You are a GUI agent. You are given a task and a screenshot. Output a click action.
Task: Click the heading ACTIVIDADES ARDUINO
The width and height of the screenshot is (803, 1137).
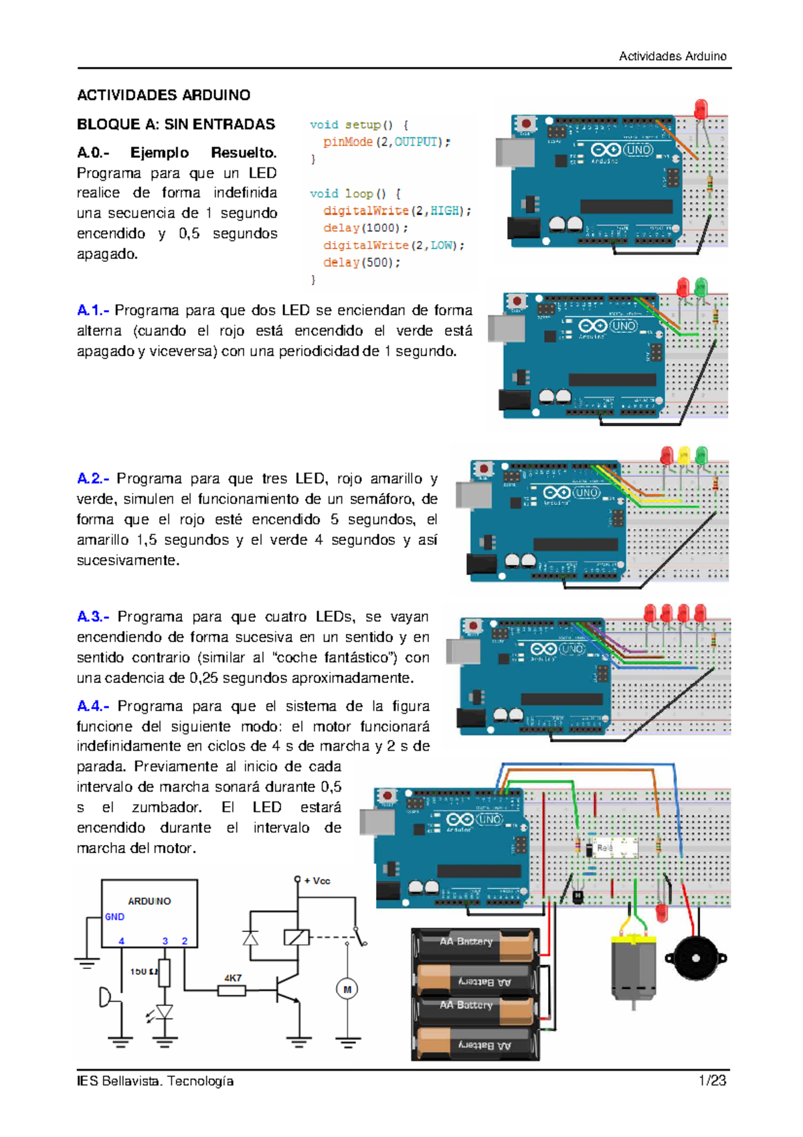click(163, 95)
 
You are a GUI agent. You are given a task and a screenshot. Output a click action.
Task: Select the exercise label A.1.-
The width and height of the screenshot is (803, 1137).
click(92, 310)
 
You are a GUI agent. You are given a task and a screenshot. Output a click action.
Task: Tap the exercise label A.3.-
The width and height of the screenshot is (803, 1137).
click(93, 616)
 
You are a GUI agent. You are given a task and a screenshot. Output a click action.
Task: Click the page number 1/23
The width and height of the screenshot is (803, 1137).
click(712, 1081)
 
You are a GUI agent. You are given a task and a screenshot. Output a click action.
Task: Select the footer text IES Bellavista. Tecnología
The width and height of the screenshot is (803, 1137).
click(155, 1081)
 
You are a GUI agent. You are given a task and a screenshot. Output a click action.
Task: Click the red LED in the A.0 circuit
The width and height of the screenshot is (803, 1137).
click(701, 109)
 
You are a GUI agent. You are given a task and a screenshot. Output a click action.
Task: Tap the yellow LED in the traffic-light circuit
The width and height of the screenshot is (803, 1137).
click(683, 457)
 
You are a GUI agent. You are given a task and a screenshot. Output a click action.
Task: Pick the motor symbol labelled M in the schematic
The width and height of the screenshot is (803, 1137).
click(347, 989)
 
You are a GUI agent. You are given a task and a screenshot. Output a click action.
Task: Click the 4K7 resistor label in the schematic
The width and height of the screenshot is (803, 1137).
click(232, 978)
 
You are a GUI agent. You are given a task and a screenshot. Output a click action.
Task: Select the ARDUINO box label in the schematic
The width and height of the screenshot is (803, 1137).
click(149, 901)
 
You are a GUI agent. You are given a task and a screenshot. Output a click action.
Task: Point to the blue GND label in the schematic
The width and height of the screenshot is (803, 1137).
click(114, 917)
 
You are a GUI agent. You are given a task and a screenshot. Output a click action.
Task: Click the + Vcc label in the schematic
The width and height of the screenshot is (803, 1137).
click(317, 881)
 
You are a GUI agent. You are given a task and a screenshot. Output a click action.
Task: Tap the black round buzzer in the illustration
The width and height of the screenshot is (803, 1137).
click(695, 958)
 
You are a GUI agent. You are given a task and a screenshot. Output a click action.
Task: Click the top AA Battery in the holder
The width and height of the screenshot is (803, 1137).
click(475, 943)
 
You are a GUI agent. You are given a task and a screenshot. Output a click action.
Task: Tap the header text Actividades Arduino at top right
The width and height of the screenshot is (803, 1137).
click(672, 56)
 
